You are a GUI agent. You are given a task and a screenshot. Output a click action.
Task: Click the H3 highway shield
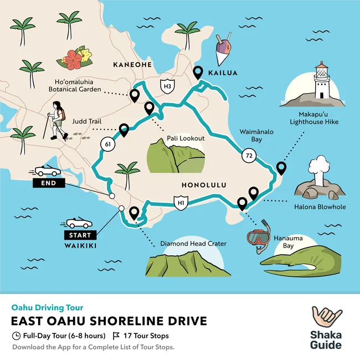(166, 86)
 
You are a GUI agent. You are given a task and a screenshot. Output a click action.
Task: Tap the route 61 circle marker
(106, 145)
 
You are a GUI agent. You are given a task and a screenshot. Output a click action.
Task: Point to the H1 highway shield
(179, 203)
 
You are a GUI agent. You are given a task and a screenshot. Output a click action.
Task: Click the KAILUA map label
(223, 73)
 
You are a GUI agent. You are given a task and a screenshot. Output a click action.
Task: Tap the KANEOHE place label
(132, 65)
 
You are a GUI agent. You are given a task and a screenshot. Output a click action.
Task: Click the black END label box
(49, 183)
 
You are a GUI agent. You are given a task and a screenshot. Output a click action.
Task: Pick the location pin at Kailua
(198, 73)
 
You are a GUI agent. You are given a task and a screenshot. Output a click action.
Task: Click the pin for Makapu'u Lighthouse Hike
(281, 167)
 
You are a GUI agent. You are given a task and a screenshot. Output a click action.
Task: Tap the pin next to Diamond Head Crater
(133, 213)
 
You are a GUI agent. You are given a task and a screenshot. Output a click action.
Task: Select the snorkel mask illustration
(259, 237)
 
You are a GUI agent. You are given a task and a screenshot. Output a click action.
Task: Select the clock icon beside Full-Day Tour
(16, 336)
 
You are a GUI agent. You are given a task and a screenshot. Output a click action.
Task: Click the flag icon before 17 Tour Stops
(116, 336)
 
